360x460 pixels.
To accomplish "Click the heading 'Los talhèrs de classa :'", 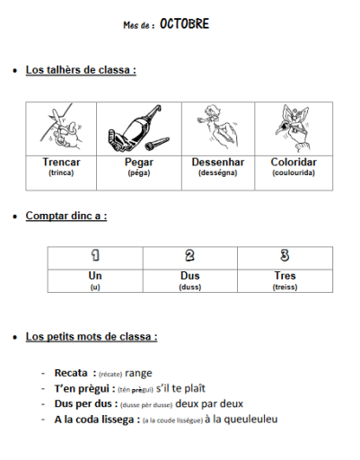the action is click(x=81, y=69).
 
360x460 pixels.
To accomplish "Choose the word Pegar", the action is click(x=139, y=163).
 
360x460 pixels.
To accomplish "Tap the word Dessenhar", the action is click(x=216, y=163).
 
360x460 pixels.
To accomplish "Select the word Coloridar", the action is click(x=294, y=163).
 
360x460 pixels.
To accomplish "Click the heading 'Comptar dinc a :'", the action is click(x=66, y=217).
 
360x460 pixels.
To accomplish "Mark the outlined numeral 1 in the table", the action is click(x=95, y=256).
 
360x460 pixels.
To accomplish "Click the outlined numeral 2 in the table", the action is click(x=189, y=256).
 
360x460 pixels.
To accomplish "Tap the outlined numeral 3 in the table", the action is click(x=285, y=256).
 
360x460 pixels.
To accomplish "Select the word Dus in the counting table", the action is click(x=189, y=276).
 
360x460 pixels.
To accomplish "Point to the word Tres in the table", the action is click(x=285, y=276).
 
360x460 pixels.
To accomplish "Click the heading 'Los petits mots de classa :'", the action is click(x=92, y=337).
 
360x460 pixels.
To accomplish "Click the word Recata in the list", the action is click(x=71, y=373).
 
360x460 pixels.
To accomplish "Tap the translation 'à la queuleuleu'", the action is click(x=241, y=419).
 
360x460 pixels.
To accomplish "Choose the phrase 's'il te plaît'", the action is click(x=181, y=388).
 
